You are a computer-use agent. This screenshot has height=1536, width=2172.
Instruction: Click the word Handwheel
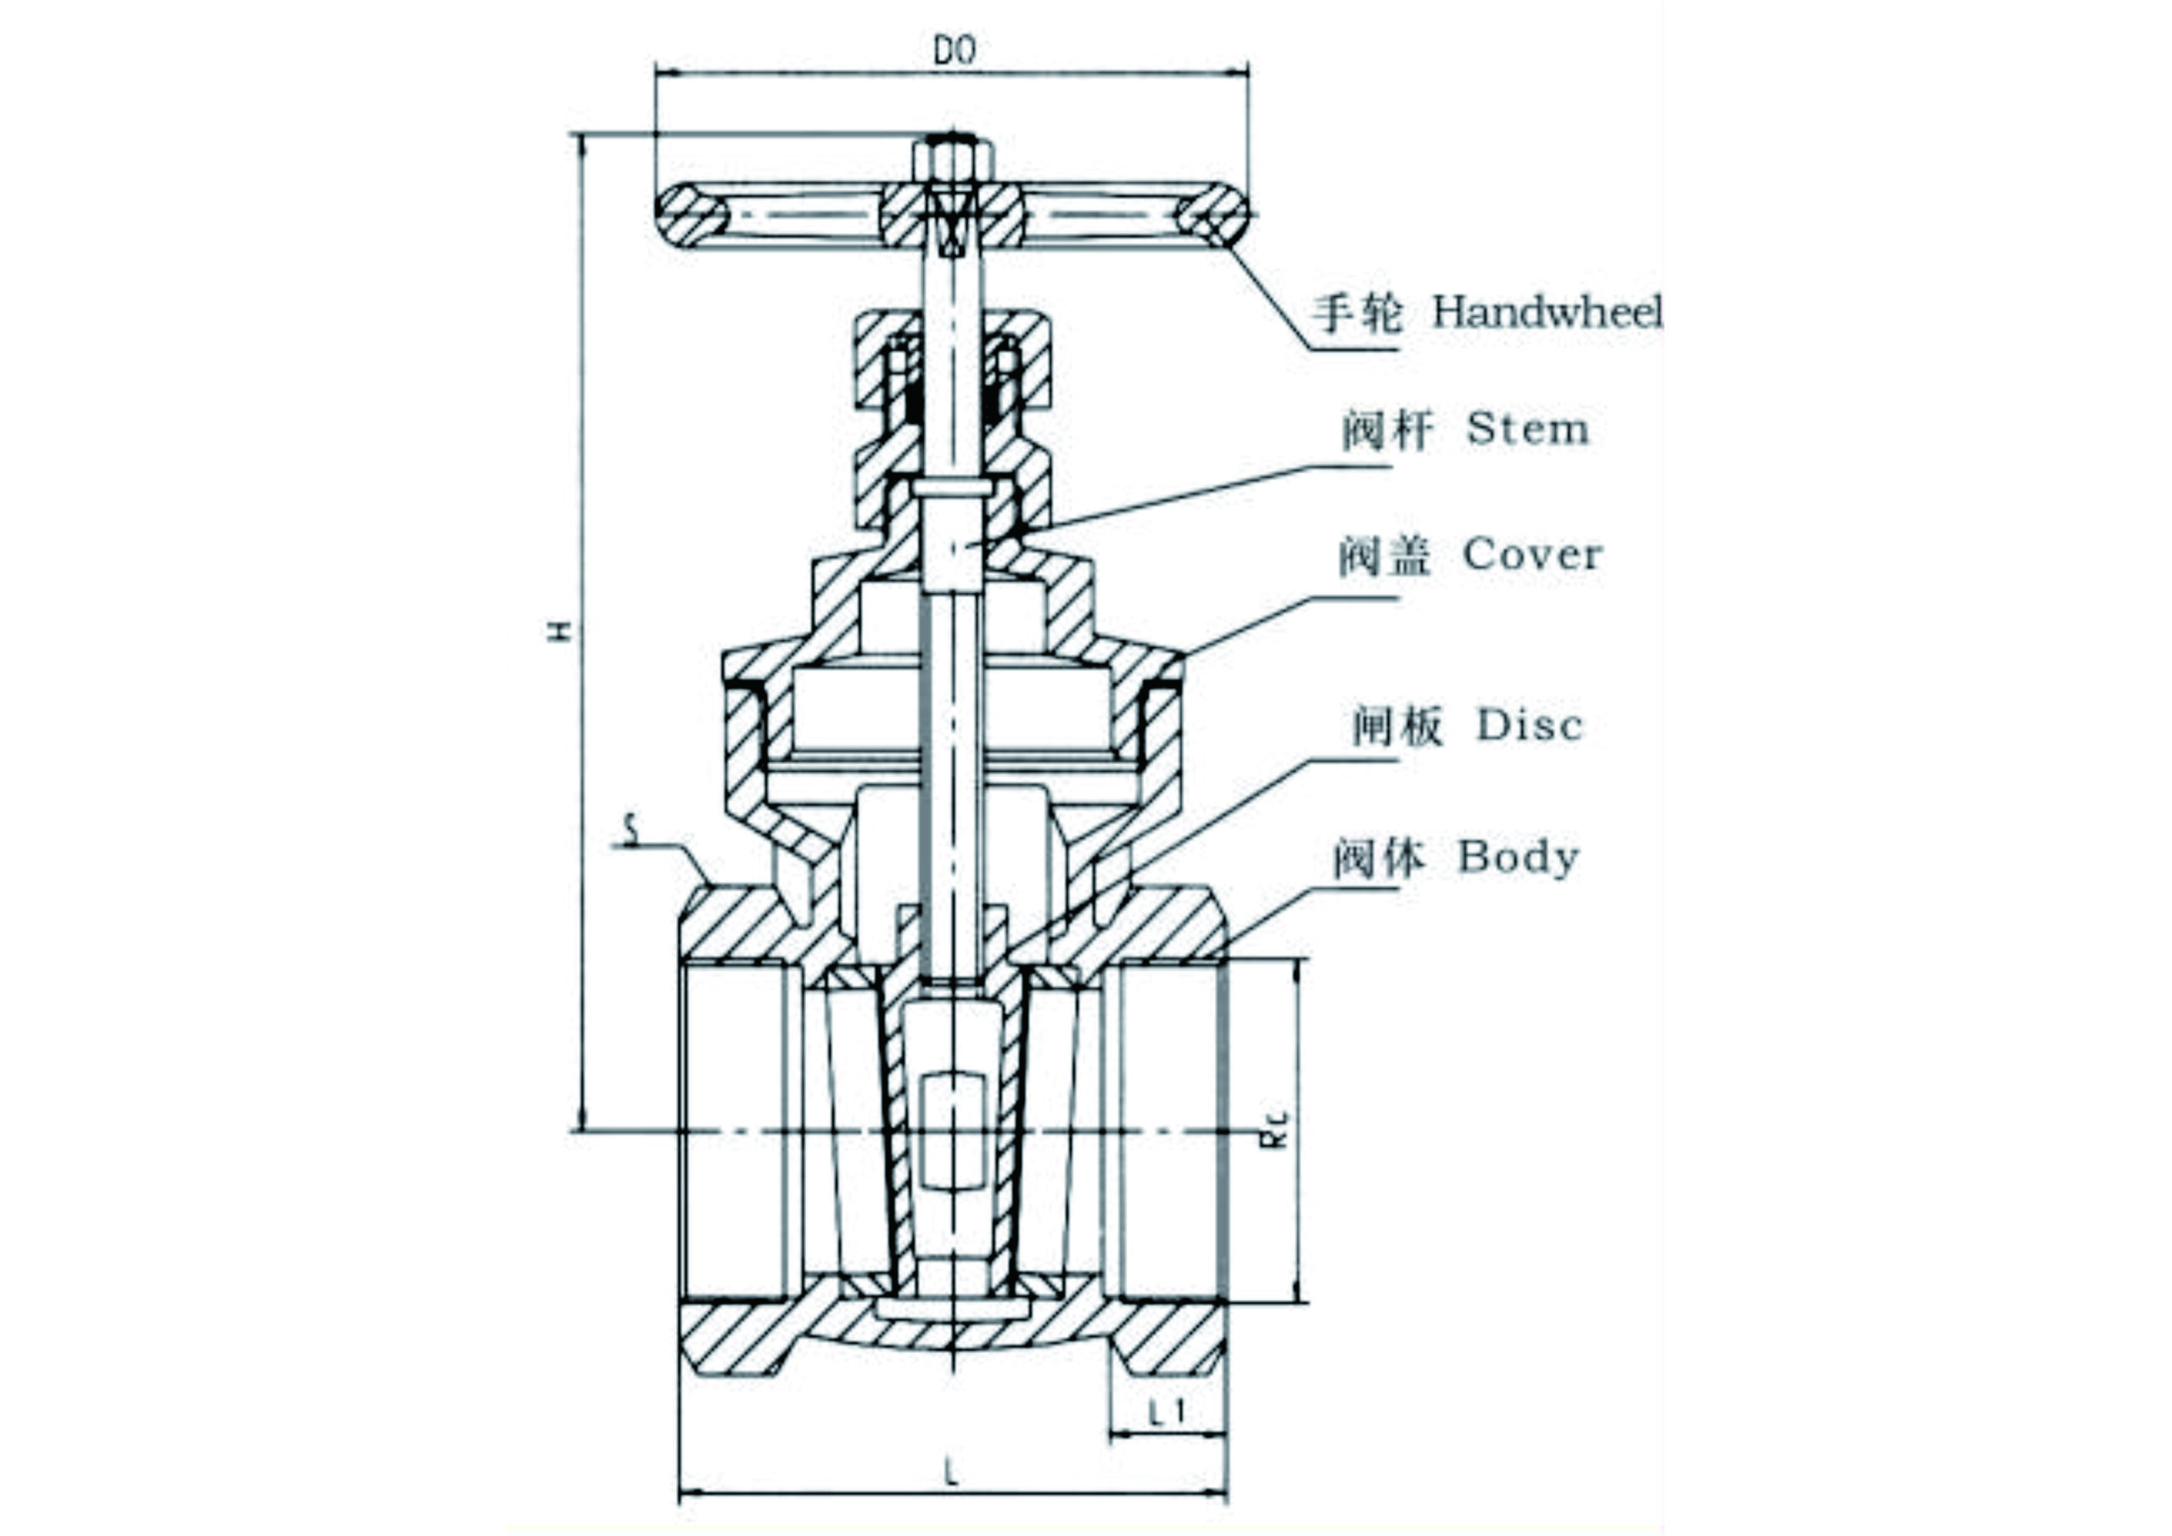coord(1547,312)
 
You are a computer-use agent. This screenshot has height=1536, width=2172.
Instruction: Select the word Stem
coord(1527,429)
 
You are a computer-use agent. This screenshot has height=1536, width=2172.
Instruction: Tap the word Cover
coord(1532,556)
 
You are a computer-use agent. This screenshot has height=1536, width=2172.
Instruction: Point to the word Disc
coord(1530,726)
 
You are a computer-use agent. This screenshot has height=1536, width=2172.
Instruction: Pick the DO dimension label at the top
coord(954,51)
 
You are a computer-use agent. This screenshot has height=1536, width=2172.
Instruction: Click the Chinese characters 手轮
coord(1357,313)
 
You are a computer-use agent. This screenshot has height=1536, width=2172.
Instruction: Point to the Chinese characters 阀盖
coord(1383,556)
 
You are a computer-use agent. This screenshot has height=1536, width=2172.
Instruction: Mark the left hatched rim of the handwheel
coord(691,215)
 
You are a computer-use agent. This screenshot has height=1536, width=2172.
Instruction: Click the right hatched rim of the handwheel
coord(1214,215)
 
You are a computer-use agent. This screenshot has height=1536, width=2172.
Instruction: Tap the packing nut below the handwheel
coord(953,364)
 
